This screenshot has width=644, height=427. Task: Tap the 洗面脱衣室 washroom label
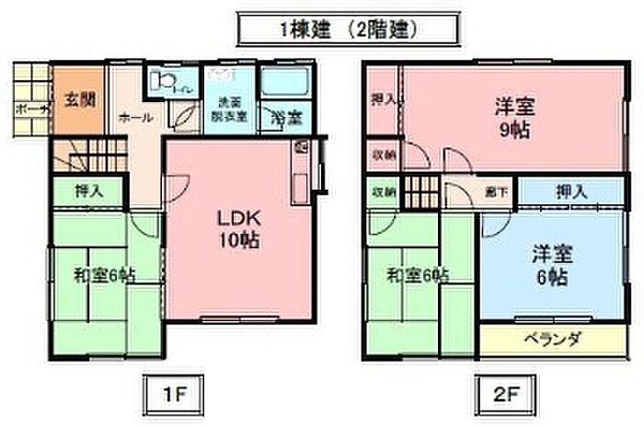(230, 110)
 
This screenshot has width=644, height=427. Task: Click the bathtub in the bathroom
(285, 84)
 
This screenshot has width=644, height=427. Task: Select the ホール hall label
(137, 118)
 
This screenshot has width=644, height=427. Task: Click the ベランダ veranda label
(553, 339)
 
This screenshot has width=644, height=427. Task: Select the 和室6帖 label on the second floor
(418, 275)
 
